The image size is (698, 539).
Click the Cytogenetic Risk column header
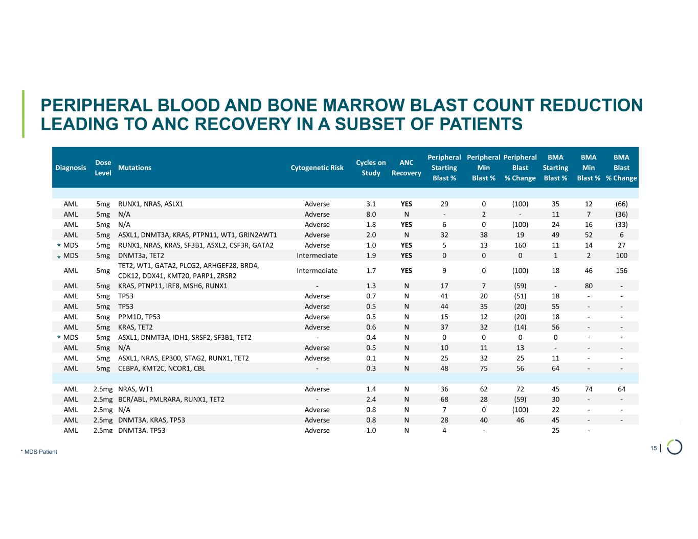[x=317, y=168]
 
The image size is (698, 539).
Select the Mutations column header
[x=134, y=168]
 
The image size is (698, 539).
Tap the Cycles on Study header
[x=371, y=168]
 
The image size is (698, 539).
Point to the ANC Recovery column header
[x=406, y=168]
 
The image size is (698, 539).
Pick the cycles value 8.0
[x=371, y=215]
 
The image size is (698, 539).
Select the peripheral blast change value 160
[x=520, y=245]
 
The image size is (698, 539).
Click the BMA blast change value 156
[x=621, y=271]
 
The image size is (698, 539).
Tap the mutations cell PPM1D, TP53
[x=139, y=317]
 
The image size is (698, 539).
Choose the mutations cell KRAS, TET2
[x=135, y=327]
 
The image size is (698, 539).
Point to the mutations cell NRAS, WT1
[x=135, y=389]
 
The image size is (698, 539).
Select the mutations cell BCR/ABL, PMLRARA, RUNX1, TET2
[x=171, y=400]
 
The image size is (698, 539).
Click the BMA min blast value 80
[x=589, y=286]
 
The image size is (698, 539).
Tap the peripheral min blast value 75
[x=483, y=368]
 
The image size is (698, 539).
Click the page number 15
[x=654, y=448]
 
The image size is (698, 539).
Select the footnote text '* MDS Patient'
[x=39, y=452]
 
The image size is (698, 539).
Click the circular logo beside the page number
[x=674, y=447]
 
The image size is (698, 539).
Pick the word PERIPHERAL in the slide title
[x=97, y=105]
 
